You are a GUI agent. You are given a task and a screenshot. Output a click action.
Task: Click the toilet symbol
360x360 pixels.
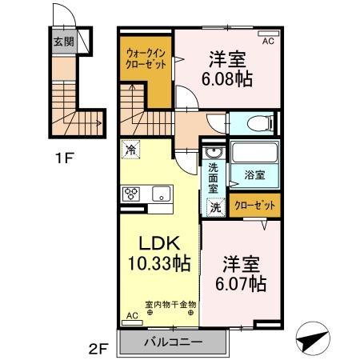(258, 124)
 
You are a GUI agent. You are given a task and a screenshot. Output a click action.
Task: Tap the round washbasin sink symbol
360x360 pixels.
(214, 154)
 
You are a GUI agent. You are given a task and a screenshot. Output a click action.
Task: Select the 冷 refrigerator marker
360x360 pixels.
(130, 149)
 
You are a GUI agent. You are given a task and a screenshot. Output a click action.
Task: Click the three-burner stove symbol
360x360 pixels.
(131, 194)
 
